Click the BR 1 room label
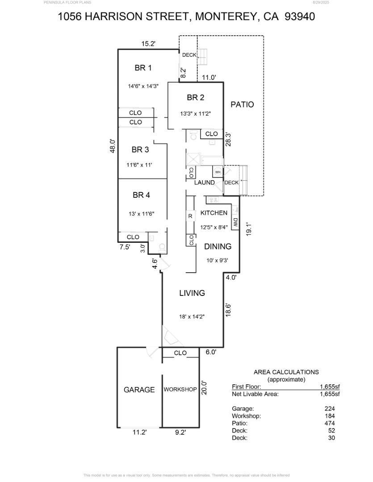(143, 68)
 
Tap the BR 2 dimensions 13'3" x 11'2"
(195, 114)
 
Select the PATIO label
(242, 104)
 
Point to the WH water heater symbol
(218, 172)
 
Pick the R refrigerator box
(190, 216)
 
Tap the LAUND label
(204, 183)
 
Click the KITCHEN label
(214, 213)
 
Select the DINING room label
(218, 246)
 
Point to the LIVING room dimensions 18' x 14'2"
(192, 316)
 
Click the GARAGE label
(139, 390)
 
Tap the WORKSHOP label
(180, 390)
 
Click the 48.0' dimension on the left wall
(113, 146)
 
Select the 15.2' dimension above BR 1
(148, 44)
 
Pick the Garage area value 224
(330, 408)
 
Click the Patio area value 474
(330, 423)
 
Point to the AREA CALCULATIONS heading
(286, 372)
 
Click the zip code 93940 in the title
(300, 17)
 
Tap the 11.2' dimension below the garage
(139, 432)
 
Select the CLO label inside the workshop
(180, 353)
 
